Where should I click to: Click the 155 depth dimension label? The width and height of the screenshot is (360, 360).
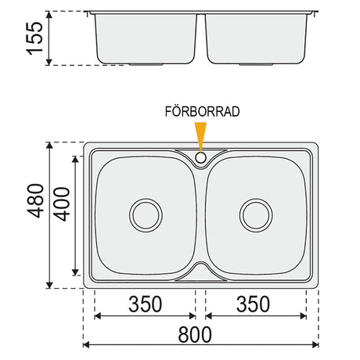coord(34,38)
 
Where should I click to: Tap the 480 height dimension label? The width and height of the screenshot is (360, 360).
coord(36,201)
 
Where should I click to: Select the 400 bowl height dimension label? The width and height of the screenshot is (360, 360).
coord(62,204)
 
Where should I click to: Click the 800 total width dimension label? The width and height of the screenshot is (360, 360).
coord(195,335)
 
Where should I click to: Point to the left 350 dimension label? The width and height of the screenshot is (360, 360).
coord(146,304)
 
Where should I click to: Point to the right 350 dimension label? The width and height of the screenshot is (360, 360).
coord(253,304)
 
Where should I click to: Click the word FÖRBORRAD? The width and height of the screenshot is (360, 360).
coord(202,112)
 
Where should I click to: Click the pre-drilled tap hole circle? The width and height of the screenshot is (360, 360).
coord(201,157)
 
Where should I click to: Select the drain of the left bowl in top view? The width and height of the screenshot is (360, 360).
coord(146,215)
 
